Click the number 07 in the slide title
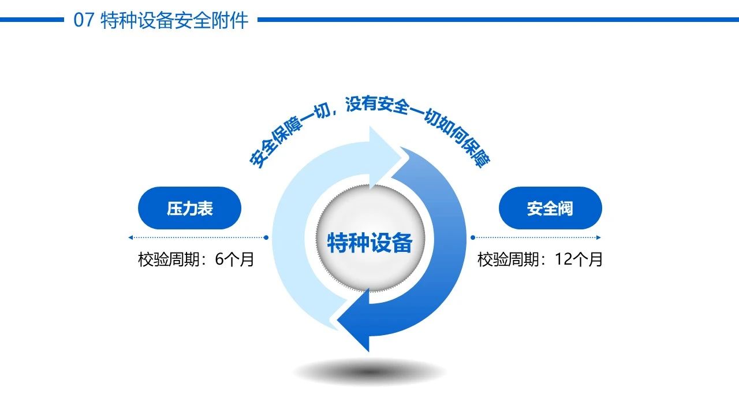84,20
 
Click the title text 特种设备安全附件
174,20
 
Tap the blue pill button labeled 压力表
190,208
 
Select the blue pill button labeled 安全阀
550,208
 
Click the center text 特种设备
370,243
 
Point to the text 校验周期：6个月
196,259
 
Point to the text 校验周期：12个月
540,259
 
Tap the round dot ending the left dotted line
266,237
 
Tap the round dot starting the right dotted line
473,237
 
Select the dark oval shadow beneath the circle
369,372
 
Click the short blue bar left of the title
32,20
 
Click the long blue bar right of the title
498,20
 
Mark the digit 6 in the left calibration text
220,259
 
